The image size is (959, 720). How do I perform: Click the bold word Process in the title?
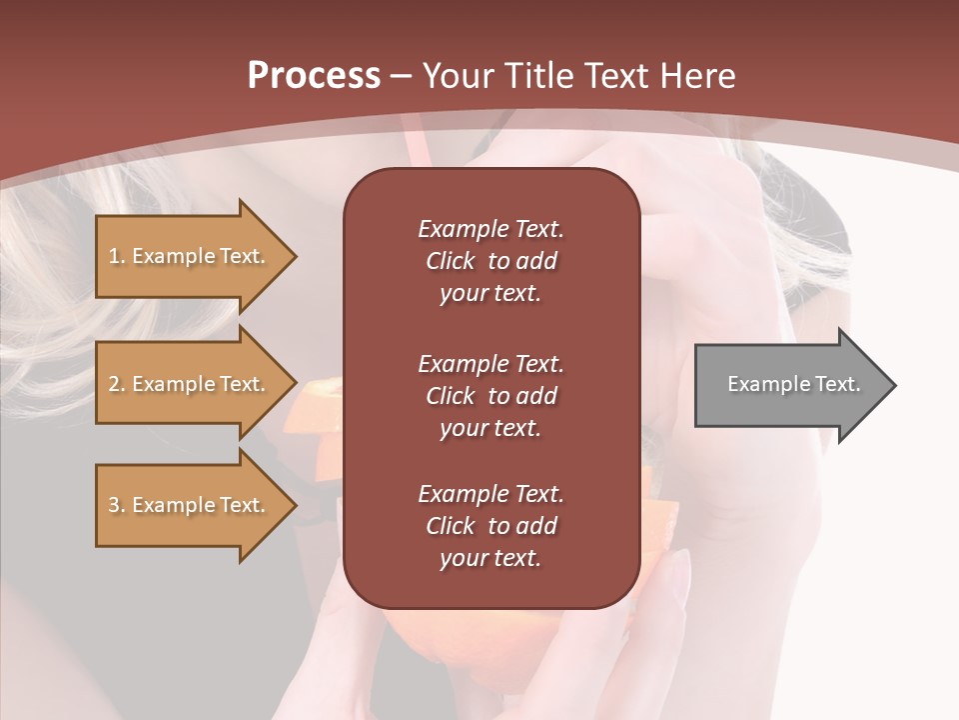tap(314, 76)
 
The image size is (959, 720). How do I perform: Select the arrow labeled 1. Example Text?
tap(189, 256)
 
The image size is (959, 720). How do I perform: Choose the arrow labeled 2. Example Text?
tap(189, 384)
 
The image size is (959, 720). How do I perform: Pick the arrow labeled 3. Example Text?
tap(189, 505)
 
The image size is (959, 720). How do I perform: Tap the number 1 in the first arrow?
tap(114, 256)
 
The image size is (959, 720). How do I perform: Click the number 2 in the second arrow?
tap(114, 384)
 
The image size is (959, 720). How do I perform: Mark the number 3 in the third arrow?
tap(114, 505)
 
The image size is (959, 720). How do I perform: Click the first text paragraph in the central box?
tap(490, 261)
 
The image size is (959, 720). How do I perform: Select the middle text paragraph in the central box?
tap(490, 396)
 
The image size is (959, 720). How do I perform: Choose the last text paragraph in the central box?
tap(490, 526)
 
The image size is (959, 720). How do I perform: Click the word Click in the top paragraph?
tap(450, 261)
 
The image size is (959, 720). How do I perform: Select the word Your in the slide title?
tap(456, 76)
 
